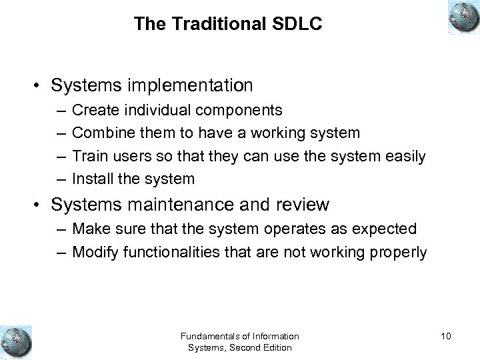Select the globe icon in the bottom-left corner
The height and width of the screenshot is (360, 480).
(x=17, y=341)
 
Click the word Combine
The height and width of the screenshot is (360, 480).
(x=99, y=132)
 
